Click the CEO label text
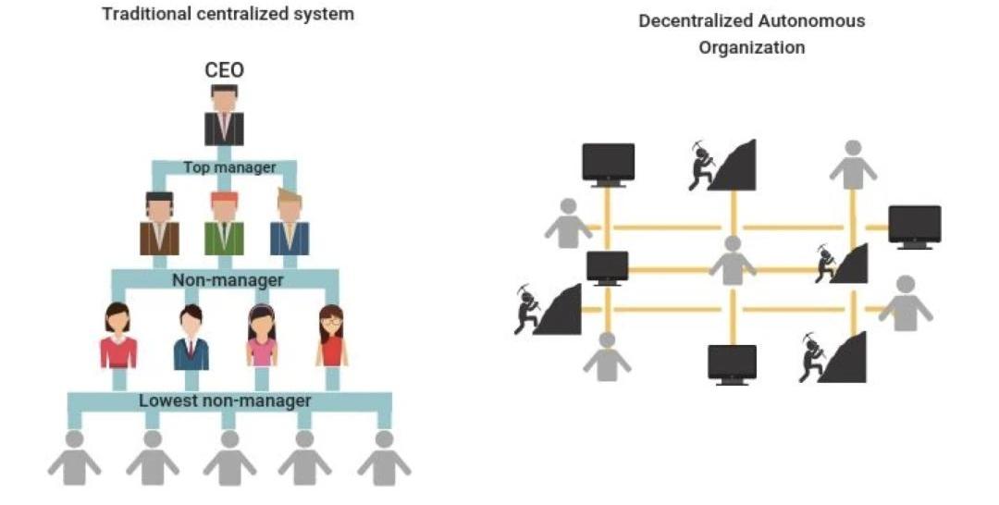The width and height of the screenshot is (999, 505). (x=223, y=71)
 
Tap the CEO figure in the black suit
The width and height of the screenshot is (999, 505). (x=223, y=117)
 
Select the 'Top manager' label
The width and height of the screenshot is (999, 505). (x=229, y=167)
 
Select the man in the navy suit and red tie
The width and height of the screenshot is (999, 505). (x=191, y=338)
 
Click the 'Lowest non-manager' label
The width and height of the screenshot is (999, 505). (x=225, y=400)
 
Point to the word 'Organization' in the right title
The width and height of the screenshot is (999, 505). (x=751, y=47)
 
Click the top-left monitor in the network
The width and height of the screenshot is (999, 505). (x=608, y=164)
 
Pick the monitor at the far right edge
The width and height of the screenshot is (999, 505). (x=914, y=226)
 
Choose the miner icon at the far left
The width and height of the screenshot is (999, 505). (x=548, y=310)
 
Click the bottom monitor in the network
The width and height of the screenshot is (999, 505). (x=732, y=363)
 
